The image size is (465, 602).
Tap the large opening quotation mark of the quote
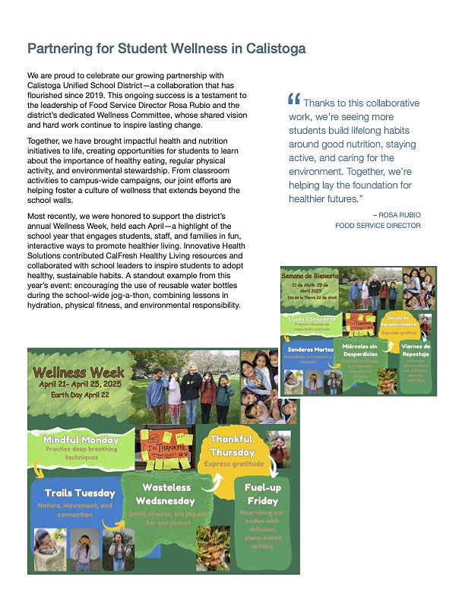point(294,100)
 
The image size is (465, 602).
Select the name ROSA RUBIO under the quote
point(398,215)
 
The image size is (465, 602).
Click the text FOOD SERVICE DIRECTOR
point(378,226)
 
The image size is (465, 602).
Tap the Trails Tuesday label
point(79,493)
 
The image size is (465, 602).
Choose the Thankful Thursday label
point(232,445)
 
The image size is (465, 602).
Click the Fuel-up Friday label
point(261,494)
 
